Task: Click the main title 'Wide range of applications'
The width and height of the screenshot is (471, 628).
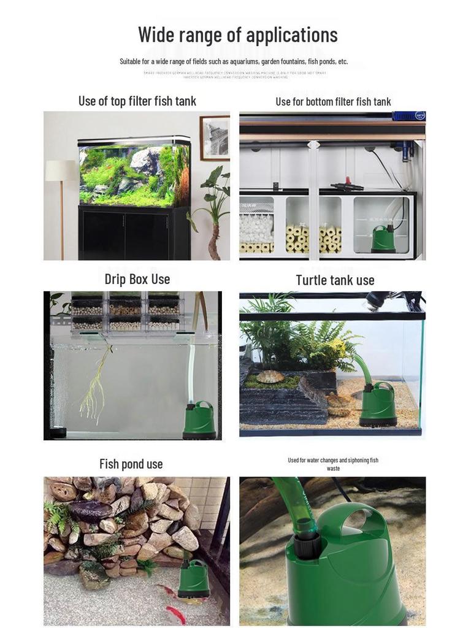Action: coord(237,34)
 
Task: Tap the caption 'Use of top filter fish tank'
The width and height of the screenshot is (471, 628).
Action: coord(137,101)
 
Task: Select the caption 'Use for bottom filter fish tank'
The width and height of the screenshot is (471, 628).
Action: coord(333,102)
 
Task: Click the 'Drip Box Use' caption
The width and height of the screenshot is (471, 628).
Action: coord(137,279)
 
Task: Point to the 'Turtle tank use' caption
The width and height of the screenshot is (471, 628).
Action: coord(335,280)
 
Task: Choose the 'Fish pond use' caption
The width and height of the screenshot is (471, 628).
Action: coord(131,464)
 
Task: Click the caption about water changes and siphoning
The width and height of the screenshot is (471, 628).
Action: coord(333,464)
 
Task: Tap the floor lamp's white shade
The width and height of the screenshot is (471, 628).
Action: coord(61,170)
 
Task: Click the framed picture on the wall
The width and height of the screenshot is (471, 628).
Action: coord(215,137)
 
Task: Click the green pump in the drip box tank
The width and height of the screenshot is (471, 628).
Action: coord(199,420)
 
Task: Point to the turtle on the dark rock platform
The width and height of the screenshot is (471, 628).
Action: coord(270,377)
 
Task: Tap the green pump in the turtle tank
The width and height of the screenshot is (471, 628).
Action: coord(377,405)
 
